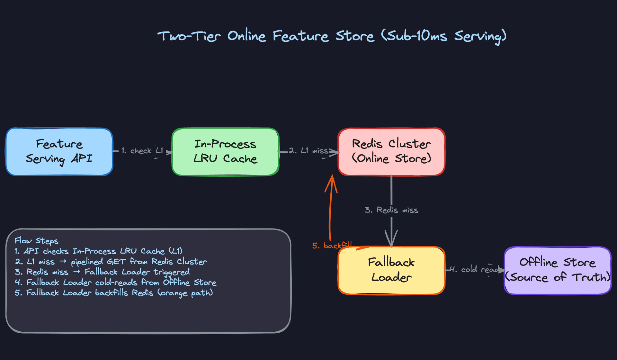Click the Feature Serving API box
[59, 152]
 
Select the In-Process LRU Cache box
[225, 152]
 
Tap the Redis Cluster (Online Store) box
[391, 152]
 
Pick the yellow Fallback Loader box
[391, 270]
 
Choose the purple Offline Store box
[558, 270]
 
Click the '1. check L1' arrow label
[142, 151]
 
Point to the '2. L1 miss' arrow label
[308, 151]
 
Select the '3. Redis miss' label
[391, 210]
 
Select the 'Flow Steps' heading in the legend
[37, 241]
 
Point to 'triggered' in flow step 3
[172, 272]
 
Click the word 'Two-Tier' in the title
[189, 36]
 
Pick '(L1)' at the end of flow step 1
[175, 251]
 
